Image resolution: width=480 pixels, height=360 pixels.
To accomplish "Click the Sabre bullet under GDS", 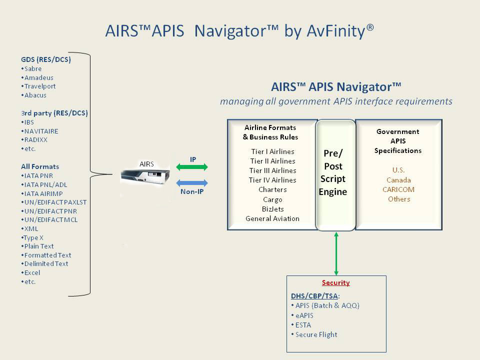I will tap(32, 68).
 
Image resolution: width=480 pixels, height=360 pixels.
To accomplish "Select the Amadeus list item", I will tap(38, 77).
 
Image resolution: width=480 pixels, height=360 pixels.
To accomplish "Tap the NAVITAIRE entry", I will tap(40, 131).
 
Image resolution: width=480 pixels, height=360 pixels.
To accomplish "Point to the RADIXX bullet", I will tap(35, 140).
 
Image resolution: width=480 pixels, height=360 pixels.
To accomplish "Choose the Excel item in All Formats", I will tap(32, 272).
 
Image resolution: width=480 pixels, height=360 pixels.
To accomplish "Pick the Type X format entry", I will tap(33, 237).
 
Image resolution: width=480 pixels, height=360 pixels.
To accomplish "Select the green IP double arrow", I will tap(192, 167).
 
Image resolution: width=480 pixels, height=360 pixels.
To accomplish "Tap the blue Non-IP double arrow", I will tap(192, 183).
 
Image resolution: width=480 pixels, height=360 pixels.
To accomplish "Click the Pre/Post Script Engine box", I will tap(335, 174).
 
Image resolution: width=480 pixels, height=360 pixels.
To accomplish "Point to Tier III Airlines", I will tap(272, 170).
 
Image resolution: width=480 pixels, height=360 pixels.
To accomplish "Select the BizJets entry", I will tap(272, 209).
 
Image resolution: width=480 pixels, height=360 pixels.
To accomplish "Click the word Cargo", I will tap(272, 199).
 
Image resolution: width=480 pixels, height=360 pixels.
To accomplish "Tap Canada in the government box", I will tap(399, 180).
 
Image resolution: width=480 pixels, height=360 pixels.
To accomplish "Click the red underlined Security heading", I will tap(335, 282).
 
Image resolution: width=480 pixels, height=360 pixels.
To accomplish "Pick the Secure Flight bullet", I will tap(316, 334).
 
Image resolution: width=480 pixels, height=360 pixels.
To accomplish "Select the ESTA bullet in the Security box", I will tap(303, 325).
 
